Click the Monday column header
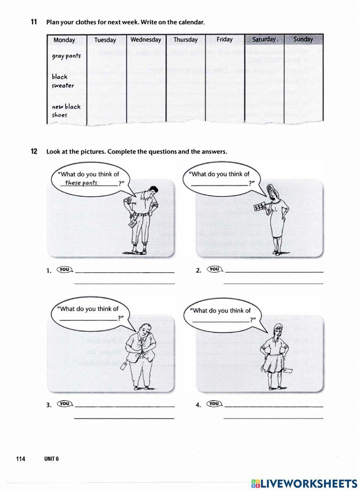tap(64, 40)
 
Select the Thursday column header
tap(185, 40)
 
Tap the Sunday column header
tap(303, 39)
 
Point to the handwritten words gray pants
tap(66, 56)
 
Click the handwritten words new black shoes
tap(66, 111)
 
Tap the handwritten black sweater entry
tap(63, 81)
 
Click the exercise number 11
tap(34, 22)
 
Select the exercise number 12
tap(34, 151)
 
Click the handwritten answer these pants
tap(81, 183)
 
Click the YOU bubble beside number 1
tap(65, 269)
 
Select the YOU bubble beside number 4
tap(214, 404)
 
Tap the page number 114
tap(21, 459)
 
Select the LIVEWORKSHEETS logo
tap(304, 483)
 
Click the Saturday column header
tap(264, 39)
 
